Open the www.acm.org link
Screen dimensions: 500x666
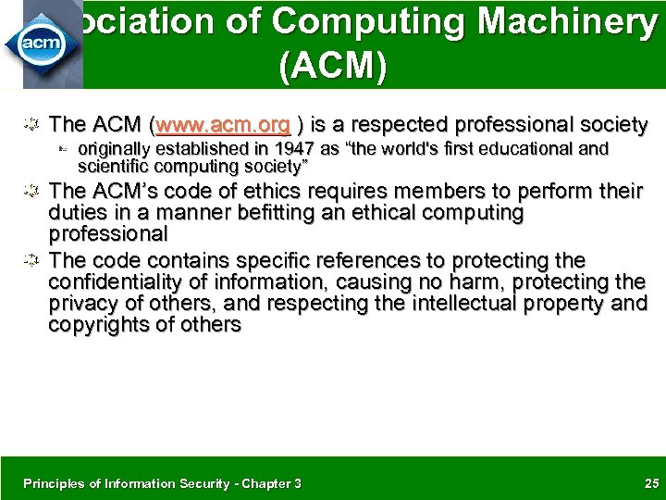(225, 124)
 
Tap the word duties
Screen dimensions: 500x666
(77, 213)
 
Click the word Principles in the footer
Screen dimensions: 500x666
(54, 483)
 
